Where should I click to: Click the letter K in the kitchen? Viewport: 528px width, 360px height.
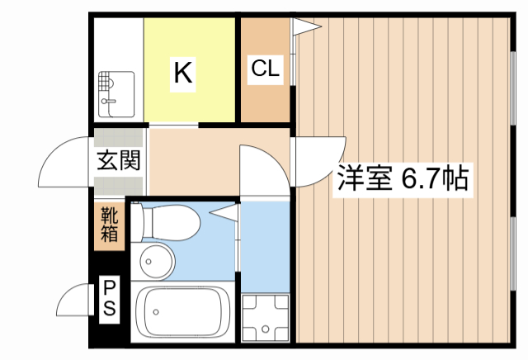click(182, 73)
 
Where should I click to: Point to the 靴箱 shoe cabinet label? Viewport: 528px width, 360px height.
click(110, 225)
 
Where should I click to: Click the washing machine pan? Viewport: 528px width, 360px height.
click(265, 317)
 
